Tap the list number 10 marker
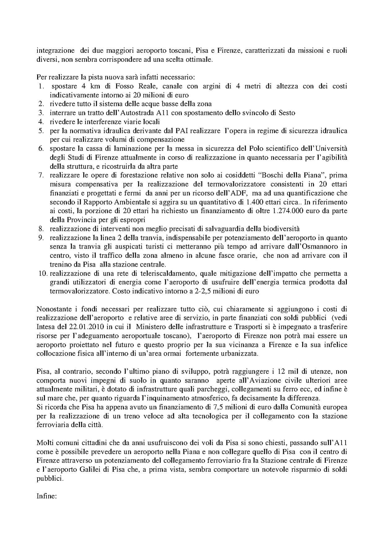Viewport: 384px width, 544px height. pos(42,274)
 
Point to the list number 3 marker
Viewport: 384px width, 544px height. pos(41,113)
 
